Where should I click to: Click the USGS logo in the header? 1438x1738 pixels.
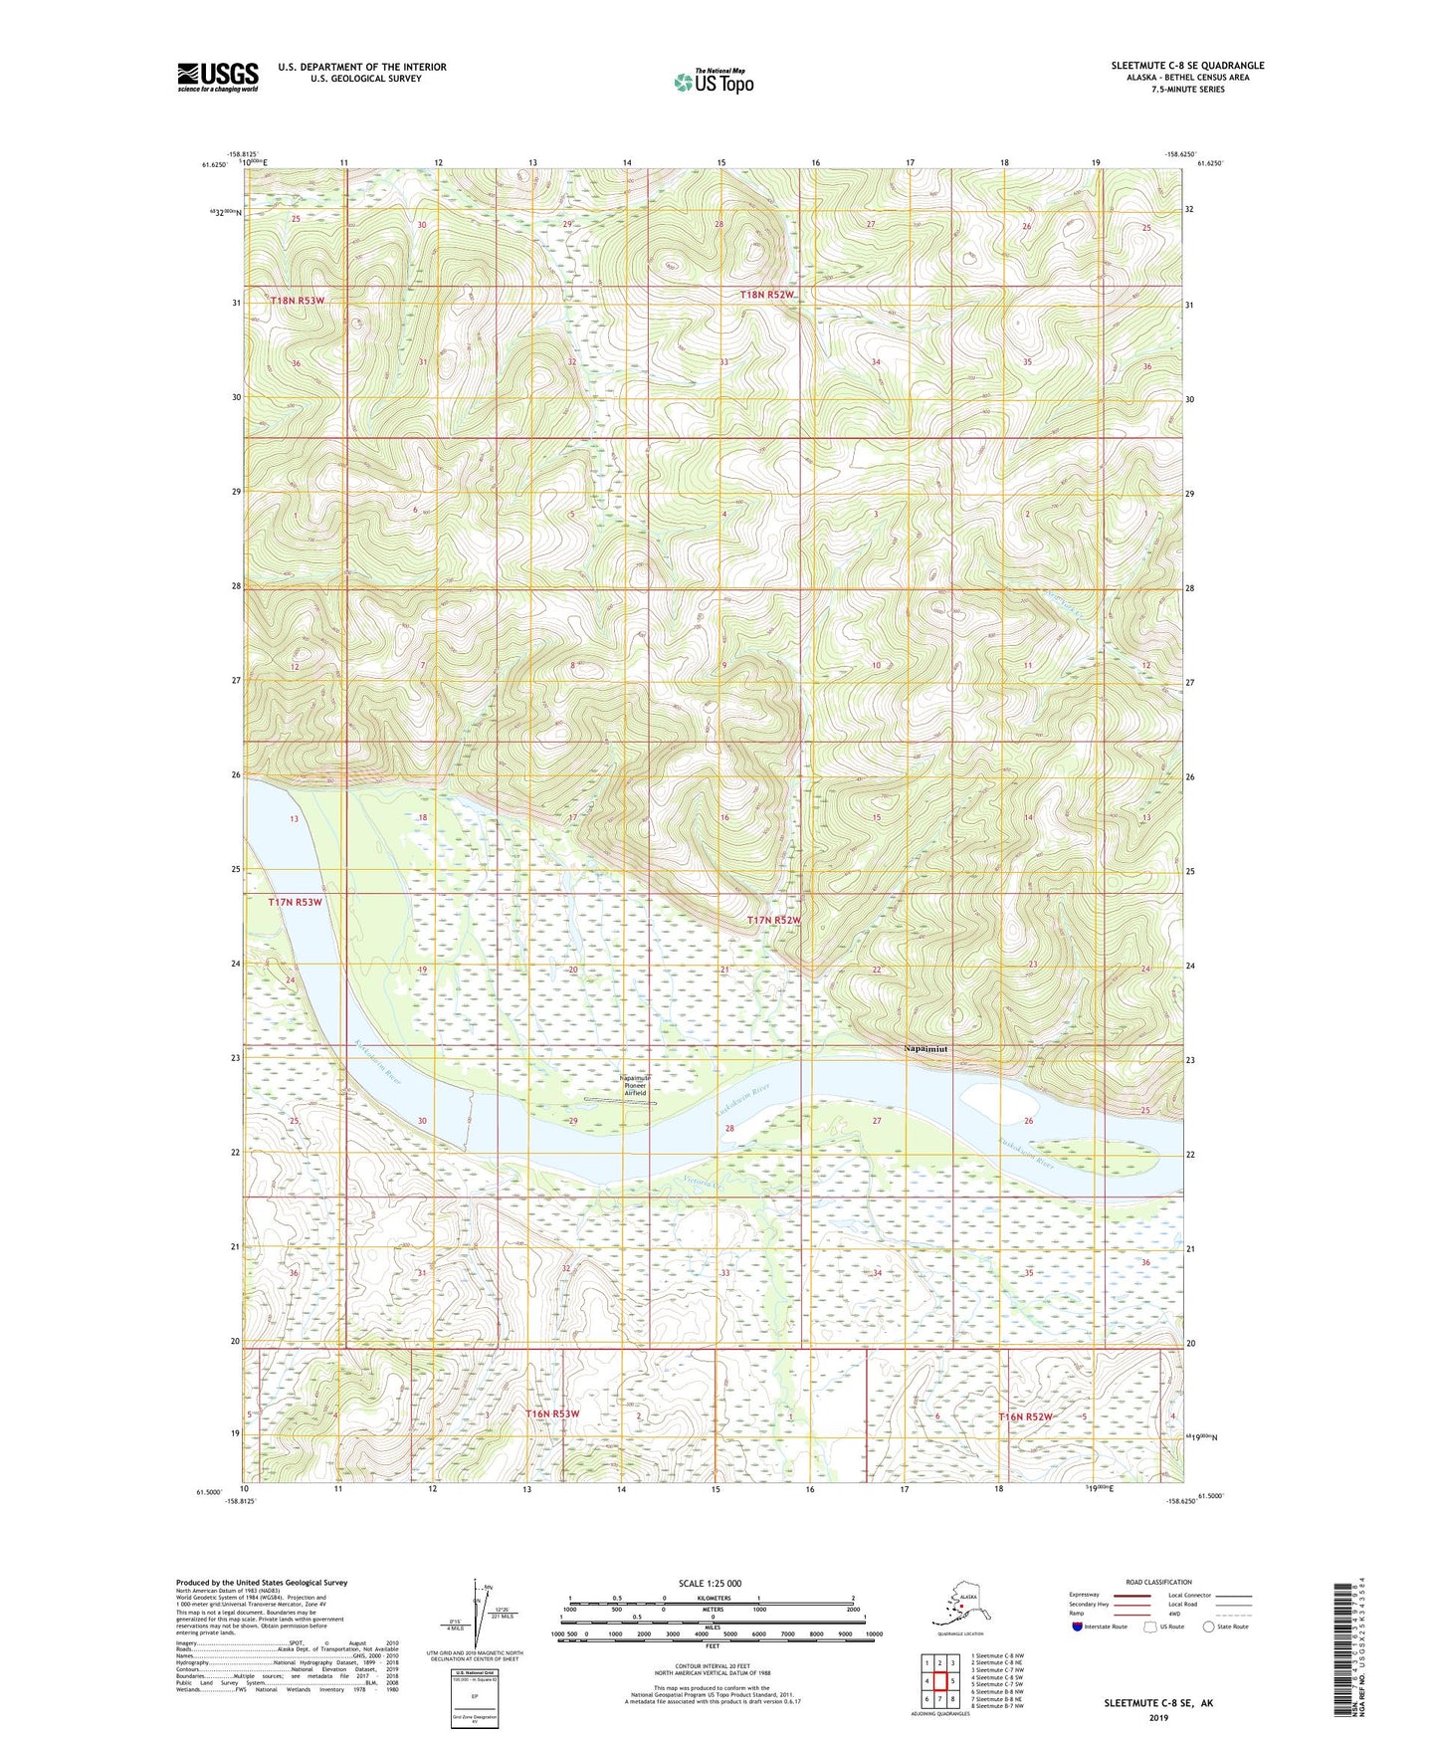[217, 77]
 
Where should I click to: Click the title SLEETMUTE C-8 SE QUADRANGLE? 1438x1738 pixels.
[1187, 66]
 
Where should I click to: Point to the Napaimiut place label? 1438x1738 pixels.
[925, 1048]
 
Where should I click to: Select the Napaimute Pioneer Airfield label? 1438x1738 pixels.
[635, 1085]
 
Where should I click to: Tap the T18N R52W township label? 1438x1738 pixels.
[767, 295]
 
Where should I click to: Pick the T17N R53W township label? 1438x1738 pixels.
[296, 902]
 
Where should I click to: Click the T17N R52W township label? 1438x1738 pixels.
[774, 921]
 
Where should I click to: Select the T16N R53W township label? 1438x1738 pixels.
[551, 1413]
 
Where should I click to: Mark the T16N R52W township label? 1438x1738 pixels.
[1025, 1416]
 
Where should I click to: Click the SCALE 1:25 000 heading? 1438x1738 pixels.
[711, 1584]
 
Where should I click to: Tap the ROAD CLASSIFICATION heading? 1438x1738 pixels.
[1158, 1582]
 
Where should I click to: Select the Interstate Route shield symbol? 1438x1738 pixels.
[1078, 1627]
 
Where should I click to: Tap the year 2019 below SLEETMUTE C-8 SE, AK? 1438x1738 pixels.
[1157, 1718]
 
